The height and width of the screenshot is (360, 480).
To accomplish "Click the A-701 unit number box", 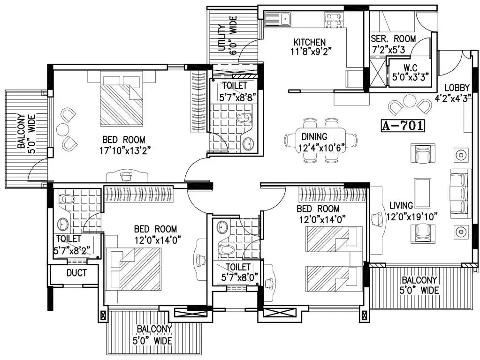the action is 403,126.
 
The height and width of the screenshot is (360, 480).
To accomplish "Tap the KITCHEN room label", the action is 310,42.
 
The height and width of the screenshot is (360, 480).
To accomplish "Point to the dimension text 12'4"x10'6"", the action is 322,148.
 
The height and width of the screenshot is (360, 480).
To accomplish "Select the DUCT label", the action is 76,272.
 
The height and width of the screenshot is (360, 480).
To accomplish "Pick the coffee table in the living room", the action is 423,193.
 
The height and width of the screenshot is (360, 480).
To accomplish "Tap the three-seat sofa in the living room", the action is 460,193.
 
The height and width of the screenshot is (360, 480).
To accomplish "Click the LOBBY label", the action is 457,88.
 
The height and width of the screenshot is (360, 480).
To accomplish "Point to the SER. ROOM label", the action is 393,39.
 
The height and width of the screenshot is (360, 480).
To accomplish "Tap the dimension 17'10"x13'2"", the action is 125,150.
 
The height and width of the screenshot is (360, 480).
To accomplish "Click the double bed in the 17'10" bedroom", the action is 122,98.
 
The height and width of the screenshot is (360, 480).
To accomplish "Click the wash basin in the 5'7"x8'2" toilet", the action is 63,224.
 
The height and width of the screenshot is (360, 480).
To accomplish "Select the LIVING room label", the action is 401,205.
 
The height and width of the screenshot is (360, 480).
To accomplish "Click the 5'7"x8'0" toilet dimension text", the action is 240,277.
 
